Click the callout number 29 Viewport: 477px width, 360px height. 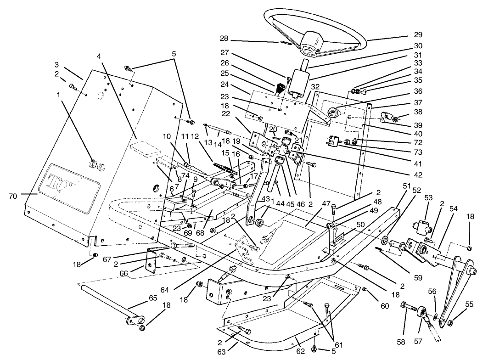(x=417, y=34)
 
